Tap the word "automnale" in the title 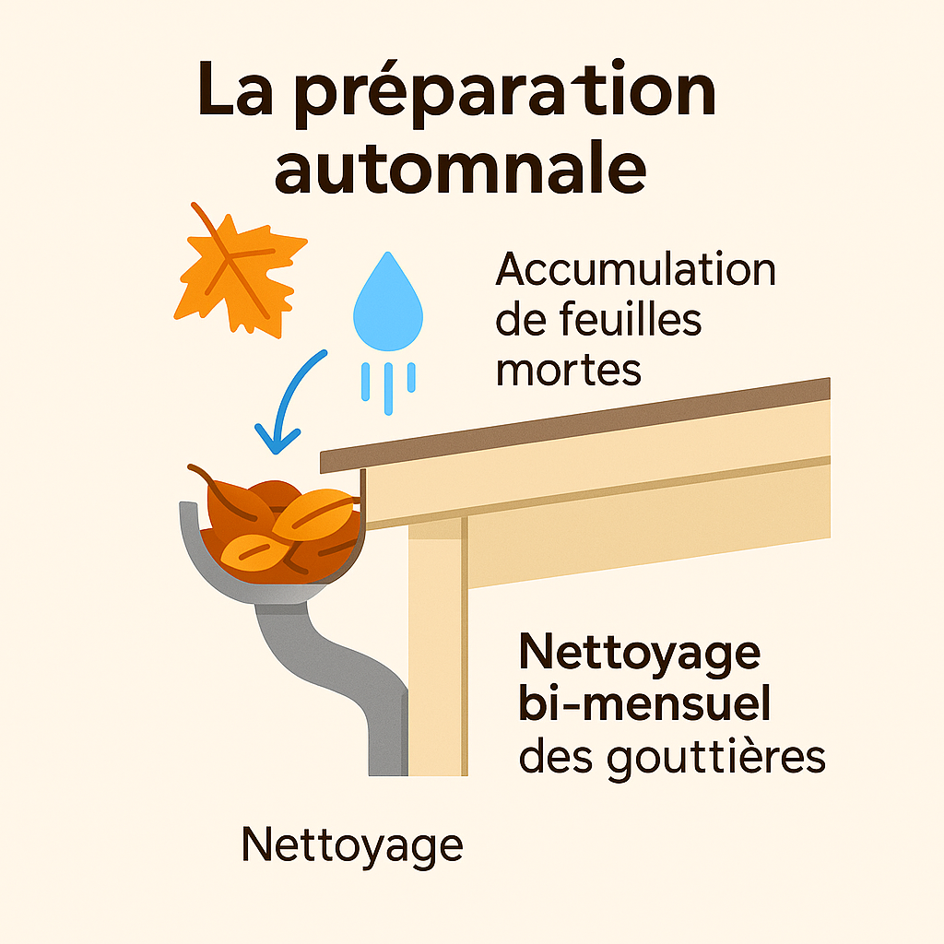coord(460,167)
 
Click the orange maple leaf coord(238,268)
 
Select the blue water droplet coord(388,302)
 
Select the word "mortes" coord(568,369)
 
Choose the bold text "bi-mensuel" coord(644,706)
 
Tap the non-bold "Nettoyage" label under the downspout coord(351,844)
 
